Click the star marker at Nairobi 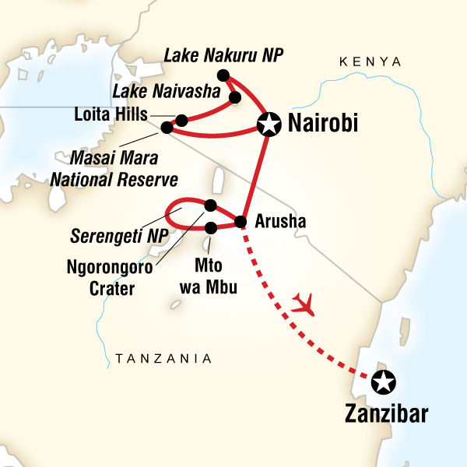click(x=269, y=124)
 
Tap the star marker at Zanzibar click(x=382, y=381)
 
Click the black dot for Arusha click(x=241, y=222)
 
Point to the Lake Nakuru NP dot click(x=223, y=75)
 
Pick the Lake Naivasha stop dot click(x=233, y=97)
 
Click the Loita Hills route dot click(x=181, y=120)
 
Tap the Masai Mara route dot click(x=166, y=128)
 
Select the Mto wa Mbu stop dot click(x=211, y=227)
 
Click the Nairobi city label click(x=322, y=124)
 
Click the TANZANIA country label click(x=163, y=359)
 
